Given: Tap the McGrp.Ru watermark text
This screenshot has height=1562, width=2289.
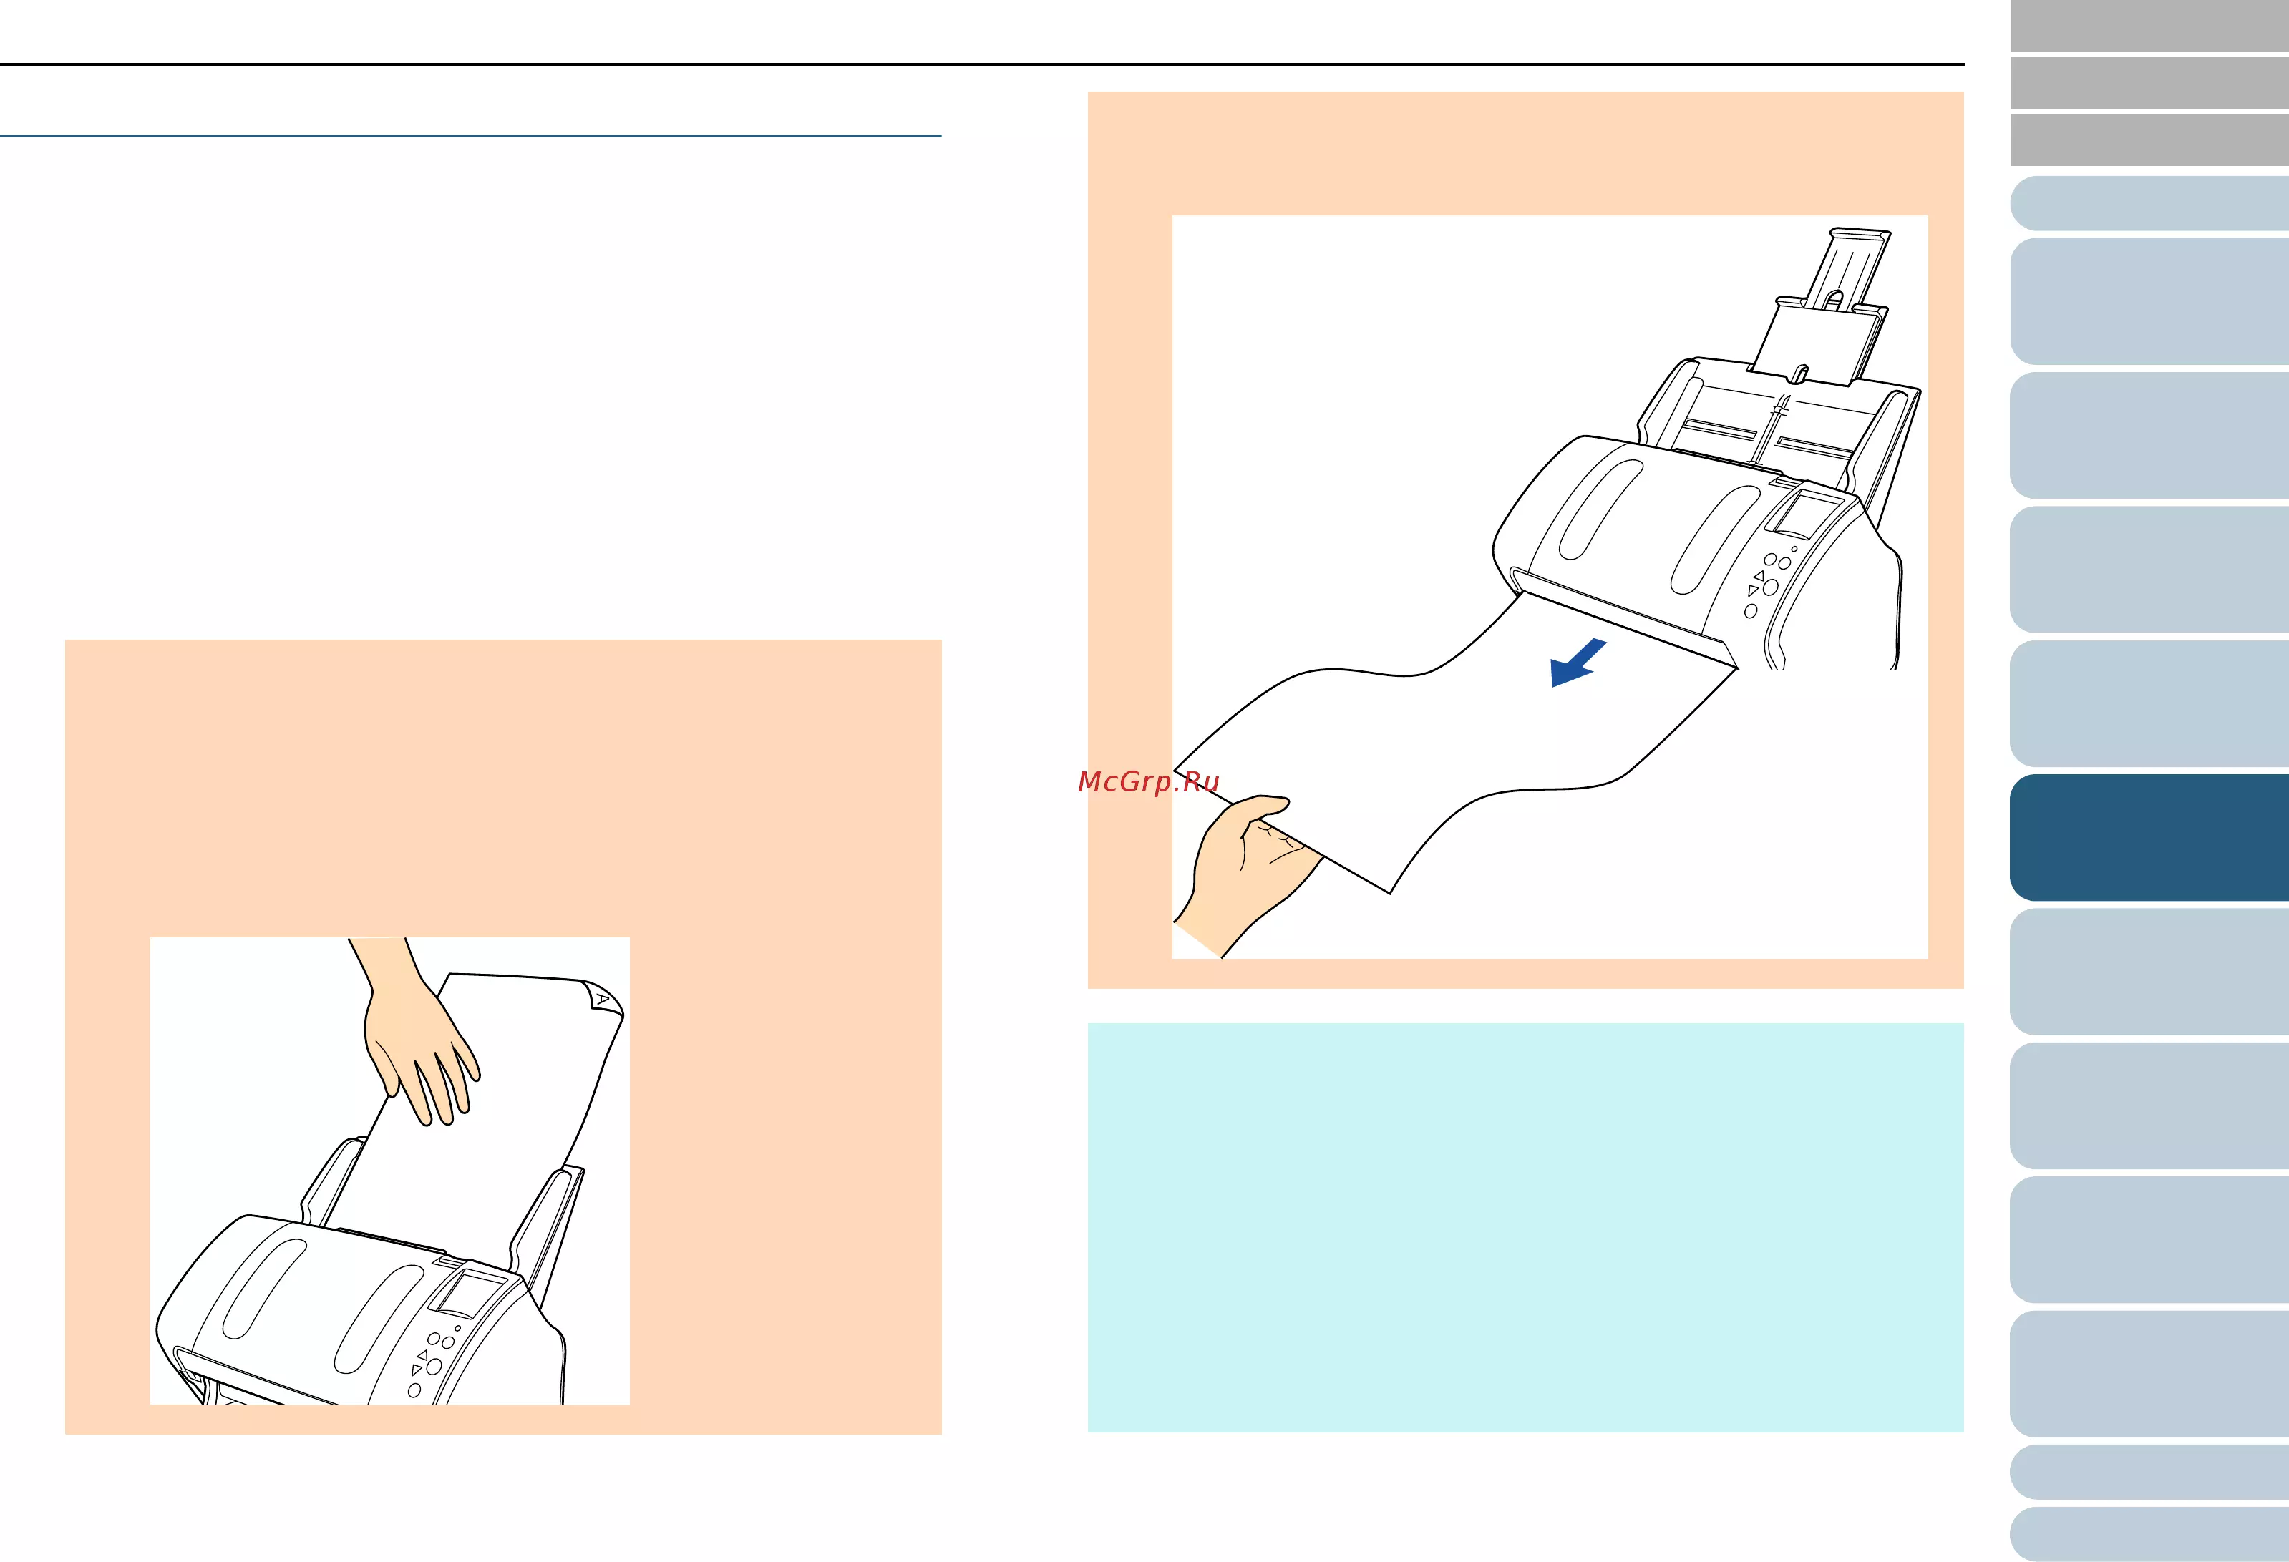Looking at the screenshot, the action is point(1149,782).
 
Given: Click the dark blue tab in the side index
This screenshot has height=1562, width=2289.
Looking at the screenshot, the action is point(2149,837).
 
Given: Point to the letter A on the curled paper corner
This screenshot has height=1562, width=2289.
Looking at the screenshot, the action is point(603,999).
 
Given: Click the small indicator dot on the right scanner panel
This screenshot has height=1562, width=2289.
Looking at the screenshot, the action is point(1794,550).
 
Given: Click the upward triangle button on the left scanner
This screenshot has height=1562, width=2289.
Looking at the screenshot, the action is point(422,1355).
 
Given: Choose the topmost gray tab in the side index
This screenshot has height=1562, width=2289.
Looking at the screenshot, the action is point(2149,26).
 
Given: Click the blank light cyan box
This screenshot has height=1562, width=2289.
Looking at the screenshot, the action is point(1525,1227).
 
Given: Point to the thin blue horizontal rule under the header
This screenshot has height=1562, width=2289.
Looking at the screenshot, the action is point(471,135).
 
